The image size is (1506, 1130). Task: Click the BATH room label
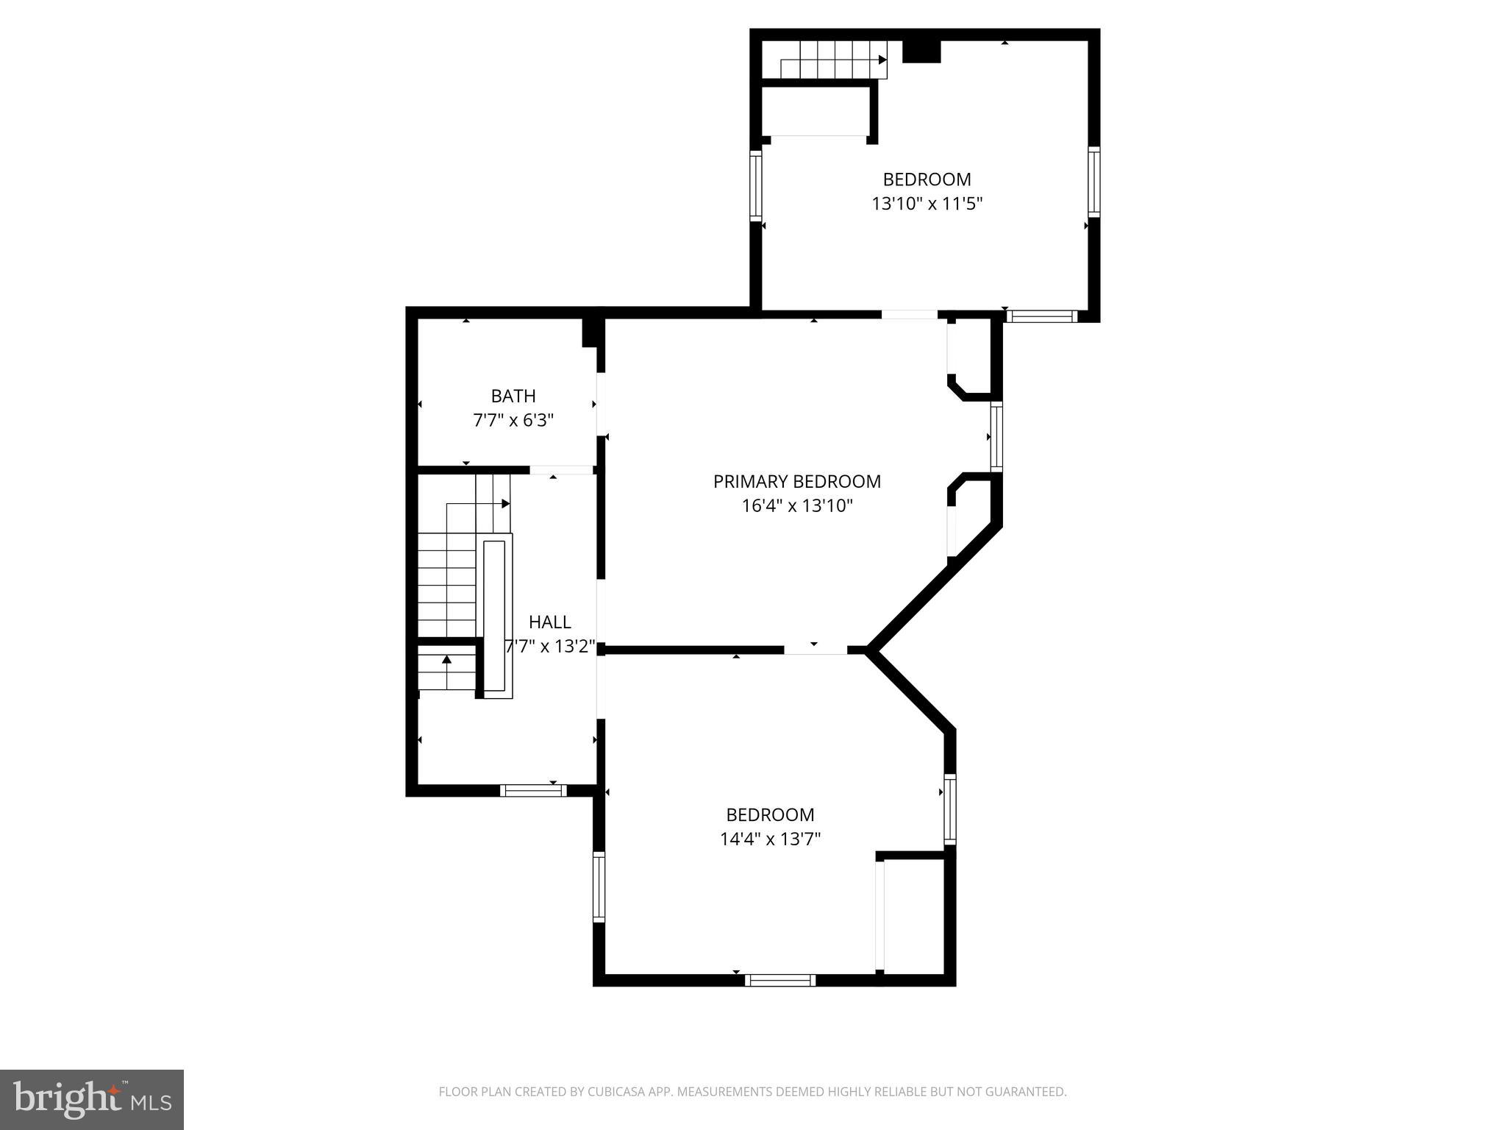(513, 397)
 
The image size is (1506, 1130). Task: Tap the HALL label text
(549, 622)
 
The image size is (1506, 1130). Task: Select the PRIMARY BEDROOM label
(796, 482)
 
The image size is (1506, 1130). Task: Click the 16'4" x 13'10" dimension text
(797, 506)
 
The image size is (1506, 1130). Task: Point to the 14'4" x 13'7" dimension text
(770, 839)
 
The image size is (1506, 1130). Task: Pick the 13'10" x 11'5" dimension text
(927, 204)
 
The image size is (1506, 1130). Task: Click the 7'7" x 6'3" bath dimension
(513, 421)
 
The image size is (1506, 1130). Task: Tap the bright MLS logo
(92, 1100)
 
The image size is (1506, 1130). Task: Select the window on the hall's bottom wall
(533, 791)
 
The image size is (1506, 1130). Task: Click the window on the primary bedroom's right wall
(996, 436)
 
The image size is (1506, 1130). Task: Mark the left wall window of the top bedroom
(755, 185)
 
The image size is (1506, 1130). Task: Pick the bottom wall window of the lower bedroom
(780, 980)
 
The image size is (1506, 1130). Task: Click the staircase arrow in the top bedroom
(882, 60)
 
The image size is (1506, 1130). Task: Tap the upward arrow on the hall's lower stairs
(446, 659)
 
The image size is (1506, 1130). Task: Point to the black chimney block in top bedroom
(921, 51)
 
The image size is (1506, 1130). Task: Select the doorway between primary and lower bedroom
(815, 650)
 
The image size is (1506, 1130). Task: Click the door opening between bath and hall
(561, 470)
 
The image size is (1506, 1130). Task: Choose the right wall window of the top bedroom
(1093, 182)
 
